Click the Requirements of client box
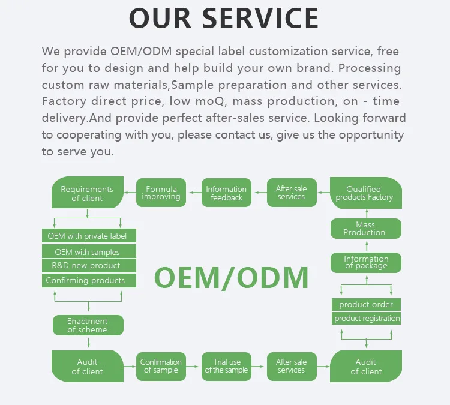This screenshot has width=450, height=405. point(88,193)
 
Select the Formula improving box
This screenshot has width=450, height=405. point(161,193)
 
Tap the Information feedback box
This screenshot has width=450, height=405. point(226,193)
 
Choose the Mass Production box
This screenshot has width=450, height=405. point(365,229)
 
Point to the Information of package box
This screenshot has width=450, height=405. point(366,262)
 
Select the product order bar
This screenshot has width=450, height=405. point(366,304)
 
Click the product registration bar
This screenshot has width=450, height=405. point(367,319)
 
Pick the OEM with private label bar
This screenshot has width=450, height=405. point(88,236)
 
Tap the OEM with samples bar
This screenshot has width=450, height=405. point(88,252)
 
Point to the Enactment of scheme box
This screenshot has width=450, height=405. point(88,325)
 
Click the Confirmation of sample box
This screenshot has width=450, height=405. point(161,366)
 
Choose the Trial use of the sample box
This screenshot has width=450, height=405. point(226,366)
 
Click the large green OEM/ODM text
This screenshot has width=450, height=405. point(232,277)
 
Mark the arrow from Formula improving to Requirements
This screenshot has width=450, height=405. point(130,193)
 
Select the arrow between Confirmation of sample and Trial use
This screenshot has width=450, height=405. point(193,366)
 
